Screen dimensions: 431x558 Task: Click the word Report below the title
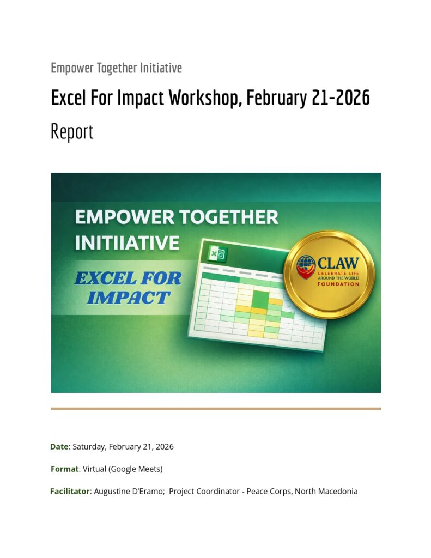coord(72,132)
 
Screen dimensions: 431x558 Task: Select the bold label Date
coord(59,447)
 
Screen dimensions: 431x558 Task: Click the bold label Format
coord(64,469)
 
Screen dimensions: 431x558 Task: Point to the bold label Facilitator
coord(70,492)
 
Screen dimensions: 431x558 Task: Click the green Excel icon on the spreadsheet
coord(217,254)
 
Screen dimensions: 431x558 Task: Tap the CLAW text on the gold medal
coord(338,263)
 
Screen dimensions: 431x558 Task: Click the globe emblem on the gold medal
coord(306,266)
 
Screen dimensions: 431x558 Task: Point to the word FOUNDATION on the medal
coord(338,284)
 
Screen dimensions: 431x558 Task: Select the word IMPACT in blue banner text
coord(129,298)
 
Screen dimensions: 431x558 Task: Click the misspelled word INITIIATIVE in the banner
coord(127,243)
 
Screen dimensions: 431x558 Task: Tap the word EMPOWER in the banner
coord(125,217)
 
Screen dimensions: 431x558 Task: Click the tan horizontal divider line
coord(216,409)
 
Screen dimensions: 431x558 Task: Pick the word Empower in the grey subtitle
coord(72,68)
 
